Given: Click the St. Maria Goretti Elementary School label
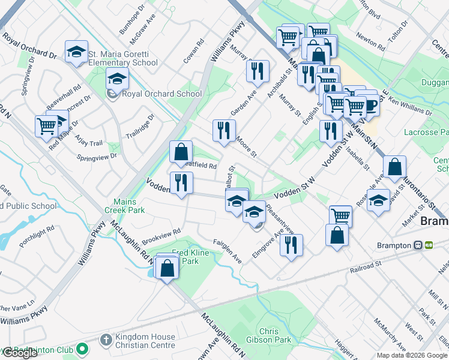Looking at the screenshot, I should point(123,58).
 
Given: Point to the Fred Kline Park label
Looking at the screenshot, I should point(190,257).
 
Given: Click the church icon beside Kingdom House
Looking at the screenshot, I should point(106,340).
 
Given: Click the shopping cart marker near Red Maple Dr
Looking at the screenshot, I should point(46,126).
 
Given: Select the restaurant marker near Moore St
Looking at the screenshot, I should point(224,130).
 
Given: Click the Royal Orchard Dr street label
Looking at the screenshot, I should point(29,46).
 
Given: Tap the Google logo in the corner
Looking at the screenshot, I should point(20,353).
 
